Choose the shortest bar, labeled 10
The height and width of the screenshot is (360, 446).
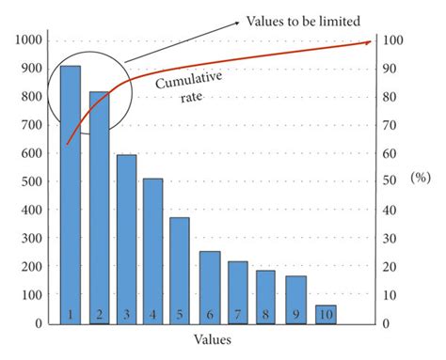click(x=325, y=312)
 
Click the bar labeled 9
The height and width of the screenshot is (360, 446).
click(x=296, y=297)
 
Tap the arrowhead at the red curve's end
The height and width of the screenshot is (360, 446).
click(x=367, y=42)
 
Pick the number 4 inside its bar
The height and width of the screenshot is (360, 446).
click(x=153, y=313)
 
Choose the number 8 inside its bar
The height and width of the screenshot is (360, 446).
click(x=266, y=313)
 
